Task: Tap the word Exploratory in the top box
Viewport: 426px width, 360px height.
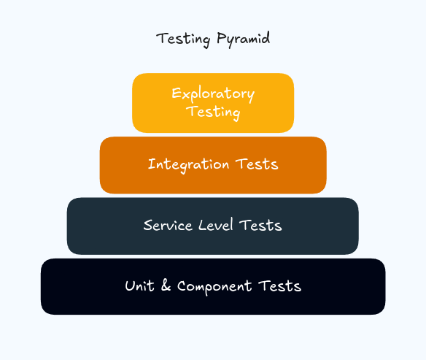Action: [x=213, y=94]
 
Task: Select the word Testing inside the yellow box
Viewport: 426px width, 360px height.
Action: [x=213, y=112]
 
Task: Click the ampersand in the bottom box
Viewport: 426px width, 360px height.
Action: [x=166, y=286]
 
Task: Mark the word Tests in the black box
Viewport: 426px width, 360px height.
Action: [x=281, y=286]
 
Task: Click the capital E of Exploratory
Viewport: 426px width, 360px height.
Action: [x=176, y=93]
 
